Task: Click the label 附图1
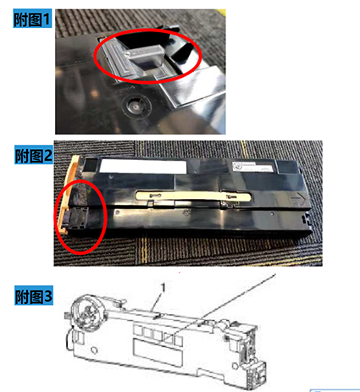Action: point(32,19)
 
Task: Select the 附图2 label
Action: point(34,155)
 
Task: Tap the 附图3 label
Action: point(34,296)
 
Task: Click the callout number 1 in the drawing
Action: point(163,288)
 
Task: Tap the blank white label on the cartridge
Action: point(143,167)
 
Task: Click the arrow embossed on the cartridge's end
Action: point(298,199)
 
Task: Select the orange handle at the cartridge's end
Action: point(68,195)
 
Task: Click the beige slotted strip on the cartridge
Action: point(193,196)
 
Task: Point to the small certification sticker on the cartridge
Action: point(252,167)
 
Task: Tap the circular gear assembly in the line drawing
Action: point(88,312)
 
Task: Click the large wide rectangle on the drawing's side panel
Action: point(158,353)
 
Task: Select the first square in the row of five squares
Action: point(137,330)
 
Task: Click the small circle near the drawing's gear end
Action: point(94,351)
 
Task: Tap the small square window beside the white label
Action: point(91,165)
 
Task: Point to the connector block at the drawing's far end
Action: point(256,373)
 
